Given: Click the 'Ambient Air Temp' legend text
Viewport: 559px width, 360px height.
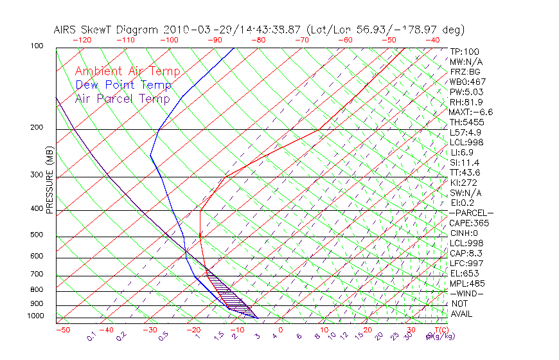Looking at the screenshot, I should [127, 71].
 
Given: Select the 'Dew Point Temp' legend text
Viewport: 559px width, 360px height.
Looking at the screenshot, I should [123, 85].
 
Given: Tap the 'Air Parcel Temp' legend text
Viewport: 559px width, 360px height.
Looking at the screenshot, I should [123, 98].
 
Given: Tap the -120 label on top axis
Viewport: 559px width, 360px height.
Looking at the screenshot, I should [82, 40].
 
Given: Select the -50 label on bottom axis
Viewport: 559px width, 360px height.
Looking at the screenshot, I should [62, 330].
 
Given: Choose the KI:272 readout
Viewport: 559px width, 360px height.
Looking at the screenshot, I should [464, 183].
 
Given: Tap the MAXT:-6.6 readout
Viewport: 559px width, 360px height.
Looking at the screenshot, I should [471, 113].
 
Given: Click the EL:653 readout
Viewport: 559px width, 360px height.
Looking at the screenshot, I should [464, 273].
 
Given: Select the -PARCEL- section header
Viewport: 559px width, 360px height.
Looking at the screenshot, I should [472, 213].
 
